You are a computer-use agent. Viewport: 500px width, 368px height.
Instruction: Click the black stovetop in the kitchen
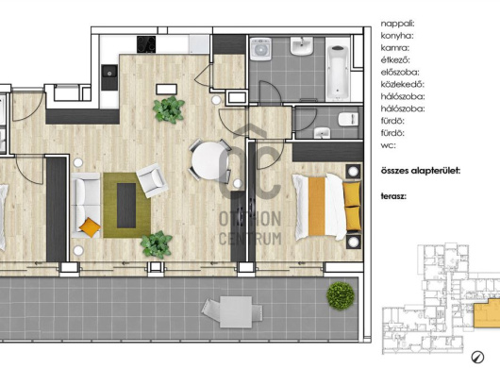tap(146, 44)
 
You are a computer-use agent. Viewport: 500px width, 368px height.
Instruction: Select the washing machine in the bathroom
tap(260, 49)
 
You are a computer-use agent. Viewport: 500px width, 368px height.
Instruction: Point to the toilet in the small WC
tap(348, 119)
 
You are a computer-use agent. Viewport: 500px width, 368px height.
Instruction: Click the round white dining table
tap(209, 160)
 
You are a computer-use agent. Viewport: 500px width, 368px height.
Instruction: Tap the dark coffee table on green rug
tap(126, 206)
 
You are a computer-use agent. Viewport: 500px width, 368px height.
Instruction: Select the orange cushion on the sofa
tap(90, 227)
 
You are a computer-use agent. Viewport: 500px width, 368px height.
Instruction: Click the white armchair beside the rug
tap(152, 180)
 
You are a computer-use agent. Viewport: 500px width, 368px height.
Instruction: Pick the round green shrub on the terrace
tap(341, 295)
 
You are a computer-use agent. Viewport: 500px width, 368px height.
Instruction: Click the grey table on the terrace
tap(236, 312)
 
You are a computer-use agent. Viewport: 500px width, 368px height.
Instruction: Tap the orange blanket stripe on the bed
tap(317, 206)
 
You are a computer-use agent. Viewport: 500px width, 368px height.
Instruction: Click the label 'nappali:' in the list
tap(397, 24)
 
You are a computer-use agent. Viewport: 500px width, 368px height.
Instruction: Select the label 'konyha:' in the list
tap(397, 36)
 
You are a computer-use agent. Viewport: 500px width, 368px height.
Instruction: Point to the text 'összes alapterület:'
tap(421, 171)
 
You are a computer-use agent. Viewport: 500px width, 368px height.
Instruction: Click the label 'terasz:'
tap(393, 196)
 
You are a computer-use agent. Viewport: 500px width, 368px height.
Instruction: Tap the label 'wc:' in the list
tap(388, 145)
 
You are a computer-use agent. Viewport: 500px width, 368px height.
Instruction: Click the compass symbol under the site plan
tap(477, 357)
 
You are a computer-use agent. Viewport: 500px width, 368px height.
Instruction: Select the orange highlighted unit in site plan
tap(487, 314)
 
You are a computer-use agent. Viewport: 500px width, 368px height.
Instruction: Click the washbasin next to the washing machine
tap(301, 46)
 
